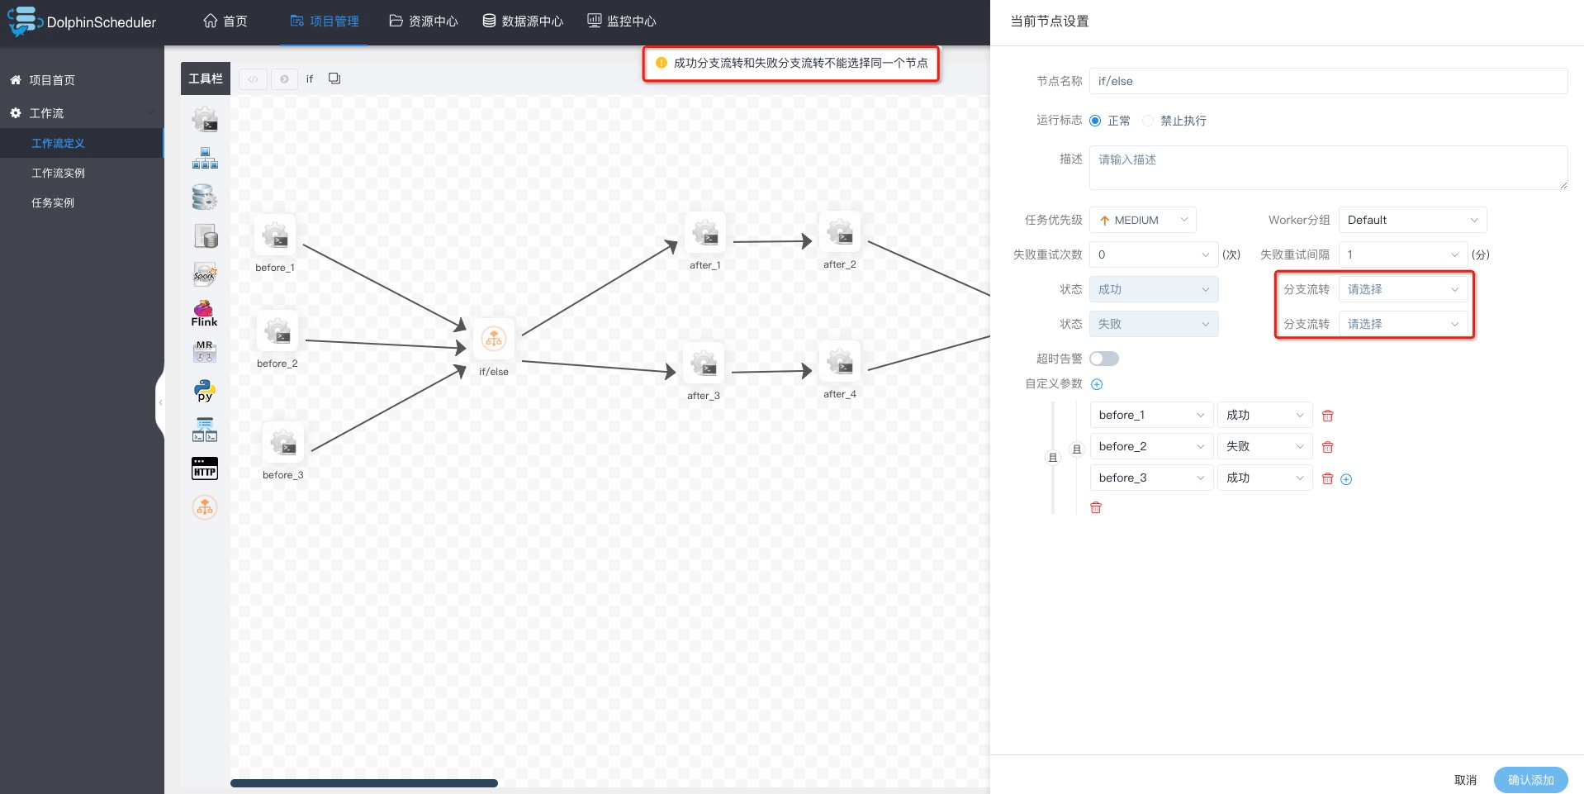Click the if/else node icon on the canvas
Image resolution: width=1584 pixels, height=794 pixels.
[x=494, y=339]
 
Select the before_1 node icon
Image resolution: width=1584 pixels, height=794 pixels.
[x=275, y=235]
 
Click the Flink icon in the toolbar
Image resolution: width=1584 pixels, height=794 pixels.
[x=204, y=314]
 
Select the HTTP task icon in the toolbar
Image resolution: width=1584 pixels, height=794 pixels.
[x=204, y=468]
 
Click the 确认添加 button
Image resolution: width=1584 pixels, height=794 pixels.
[x=1530, y=780]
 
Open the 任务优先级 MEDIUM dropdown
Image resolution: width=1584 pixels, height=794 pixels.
[x=1142, y=220]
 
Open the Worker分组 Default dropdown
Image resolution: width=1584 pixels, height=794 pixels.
[x=1411, y=220]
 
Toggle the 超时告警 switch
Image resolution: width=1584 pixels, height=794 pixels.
[x=1103, y=359]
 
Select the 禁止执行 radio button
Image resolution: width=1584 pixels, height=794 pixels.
[x=1148, y=121]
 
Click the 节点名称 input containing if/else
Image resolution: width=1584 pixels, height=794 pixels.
[x=1327, y=81]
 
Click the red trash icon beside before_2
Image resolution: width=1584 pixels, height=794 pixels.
[x=1327, y=447]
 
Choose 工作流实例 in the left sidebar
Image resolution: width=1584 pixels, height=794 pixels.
[x=58, y=173]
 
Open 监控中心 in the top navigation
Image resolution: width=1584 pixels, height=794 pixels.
[x=621, y=21]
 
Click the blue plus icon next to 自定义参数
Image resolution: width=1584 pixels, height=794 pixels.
[x=1097, y=384]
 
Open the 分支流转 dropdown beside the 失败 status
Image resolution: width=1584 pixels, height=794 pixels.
[x=1402, y=324]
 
